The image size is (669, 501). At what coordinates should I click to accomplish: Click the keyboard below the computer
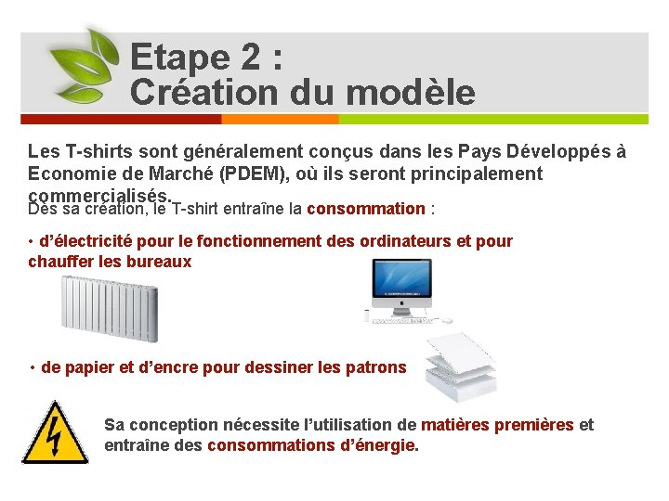coord(400,321)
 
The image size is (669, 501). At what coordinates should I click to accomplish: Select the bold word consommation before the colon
coord(365,209)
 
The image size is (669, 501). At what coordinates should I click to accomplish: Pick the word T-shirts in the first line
coord(96,151)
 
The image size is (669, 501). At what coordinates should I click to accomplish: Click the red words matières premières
coord(497,425)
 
